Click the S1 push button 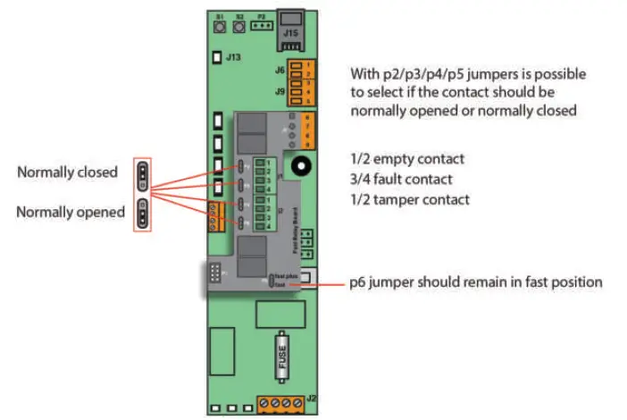tap(219, 27)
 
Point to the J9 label tap(280, 91)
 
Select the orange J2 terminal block tap(282, 403)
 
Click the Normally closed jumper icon tap(142, 172)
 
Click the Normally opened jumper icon tap(142, 214)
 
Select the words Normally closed tap(67, 172)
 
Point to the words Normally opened tap(71, 213)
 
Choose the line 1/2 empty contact tap(407, 159)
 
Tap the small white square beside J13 tap(215, 58)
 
